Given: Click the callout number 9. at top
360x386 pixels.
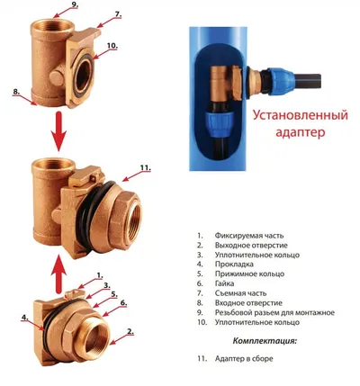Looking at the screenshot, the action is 74,4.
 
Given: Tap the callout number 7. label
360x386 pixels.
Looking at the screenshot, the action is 118,14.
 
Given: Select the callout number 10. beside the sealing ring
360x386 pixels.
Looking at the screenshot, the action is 112,46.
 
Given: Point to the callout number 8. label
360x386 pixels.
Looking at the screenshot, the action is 16,92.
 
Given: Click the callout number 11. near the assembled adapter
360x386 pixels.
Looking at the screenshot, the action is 145,167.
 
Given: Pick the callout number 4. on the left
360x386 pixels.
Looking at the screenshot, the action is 24,318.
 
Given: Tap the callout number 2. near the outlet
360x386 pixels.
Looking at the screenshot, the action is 130,331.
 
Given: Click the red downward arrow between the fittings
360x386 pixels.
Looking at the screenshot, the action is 59,131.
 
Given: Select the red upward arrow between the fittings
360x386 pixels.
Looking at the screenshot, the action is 59,274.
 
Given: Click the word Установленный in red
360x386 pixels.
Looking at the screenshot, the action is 301,115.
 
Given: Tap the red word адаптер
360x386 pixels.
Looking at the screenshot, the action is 301,132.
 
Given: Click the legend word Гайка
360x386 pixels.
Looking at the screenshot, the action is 224,283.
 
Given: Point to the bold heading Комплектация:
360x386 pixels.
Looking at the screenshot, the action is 265,341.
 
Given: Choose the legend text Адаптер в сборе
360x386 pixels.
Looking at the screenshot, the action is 244,358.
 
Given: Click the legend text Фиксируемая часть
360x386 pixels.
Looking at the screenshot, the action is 249,236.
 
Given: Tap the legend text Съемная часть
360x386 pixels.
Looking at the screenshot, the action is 240,293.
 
